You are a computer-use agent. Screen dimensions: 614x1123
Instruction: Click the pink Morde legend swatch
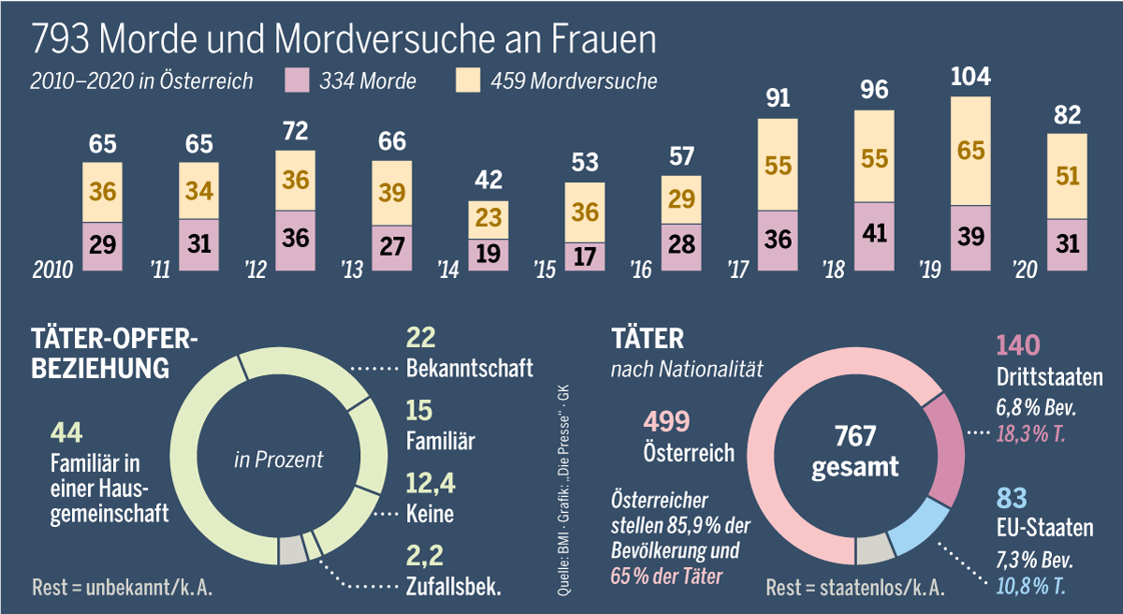[x=296, y=80]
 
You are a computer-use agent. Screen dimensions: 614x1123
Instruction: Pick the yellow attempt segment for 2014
[x=489, y=220]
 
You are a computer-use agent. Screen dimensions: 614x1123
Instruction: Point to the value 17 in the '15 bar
[x=585, y=256]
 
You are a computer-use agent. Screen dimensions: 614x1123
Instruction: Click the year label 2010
[x=52, y=270]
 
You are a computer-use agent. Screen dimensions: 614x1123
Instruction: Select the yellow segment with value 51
[x=1067, y=176]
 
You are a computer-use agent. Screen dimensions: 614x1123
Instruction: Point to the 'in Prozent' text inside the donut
[x=278, y=460]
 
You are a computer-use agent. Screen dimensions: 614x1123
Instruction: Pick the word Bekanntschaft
[x=470, y=367]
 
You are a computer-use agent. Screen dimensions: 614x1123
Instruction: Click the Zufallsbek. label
[x=454, y=588]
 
